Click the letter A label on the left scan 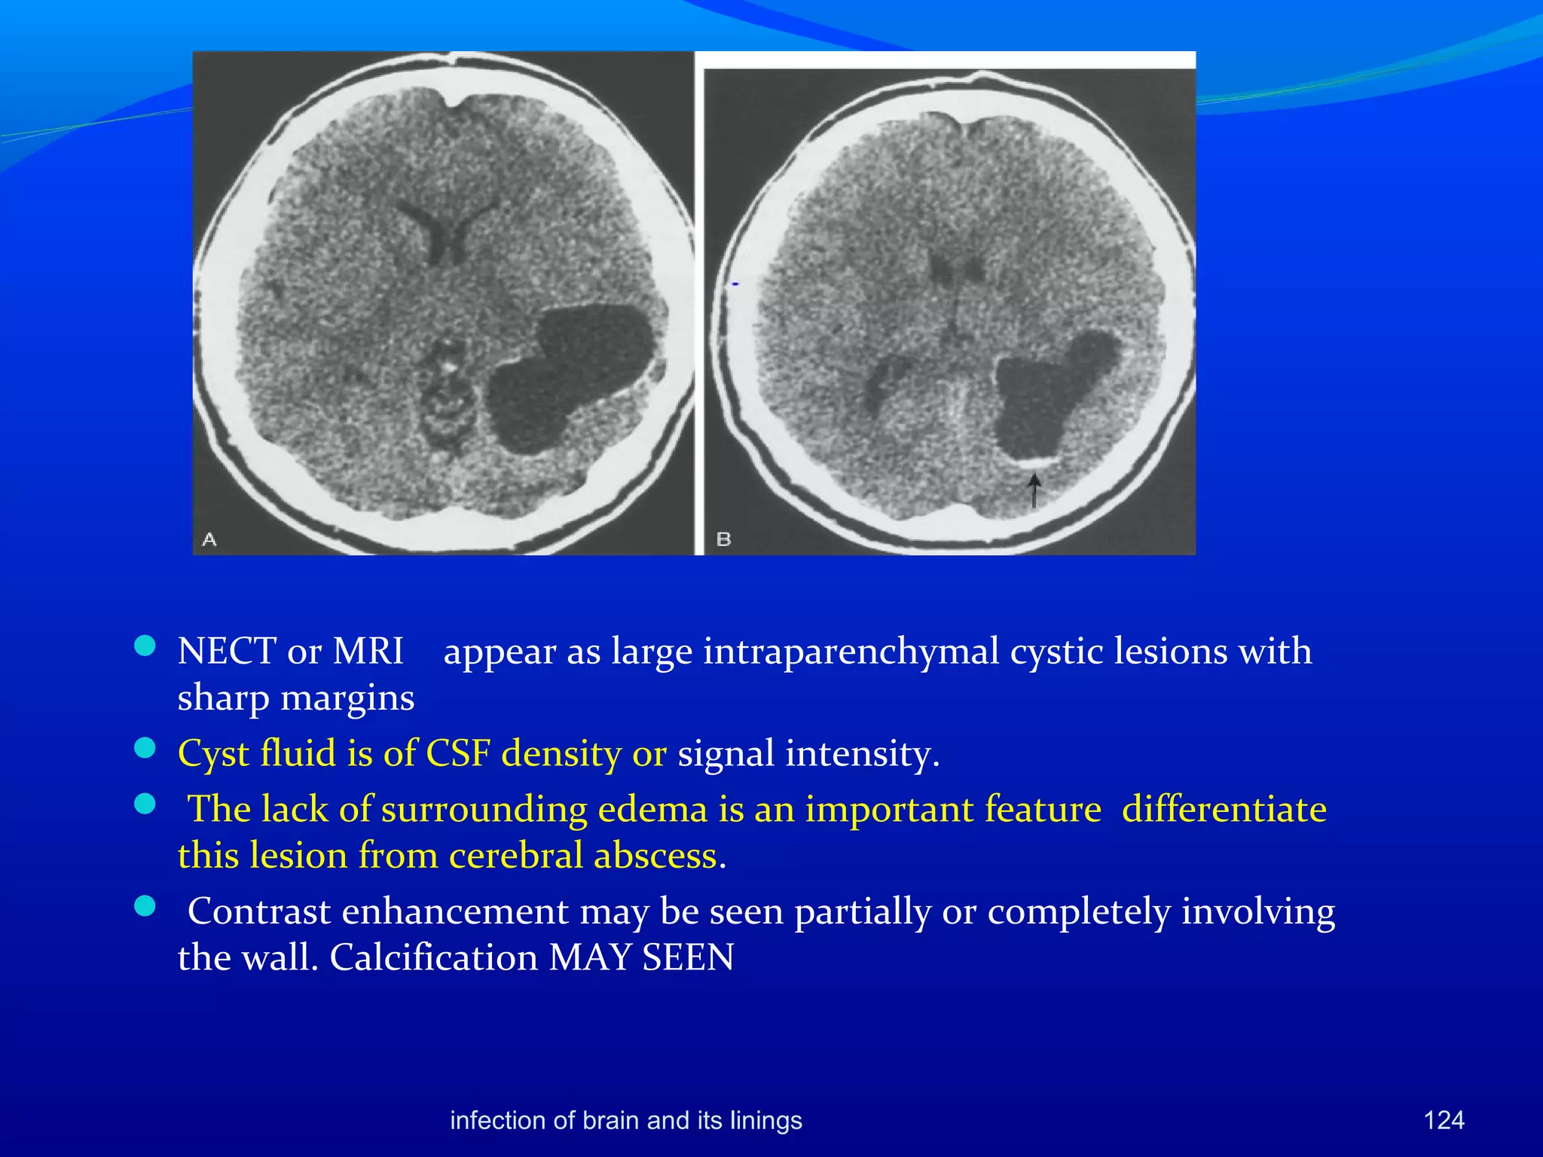coord(209,539)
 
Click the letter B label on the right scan coord(723,539)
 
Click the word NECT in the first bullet coord(226,651)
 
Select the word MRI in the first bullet coord(368,651)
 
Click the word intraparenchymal coord(851,652)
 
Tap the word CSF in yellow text coord(458,753)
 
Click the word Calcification coord(433,958)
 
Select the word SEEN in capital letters coord(687,958)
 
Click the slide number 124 coord(1444,1120)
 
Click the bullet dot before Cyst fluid coord(145,748)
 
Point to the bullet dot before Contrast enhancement coord(145,906)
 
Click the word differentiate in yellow coord(1224,809)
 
